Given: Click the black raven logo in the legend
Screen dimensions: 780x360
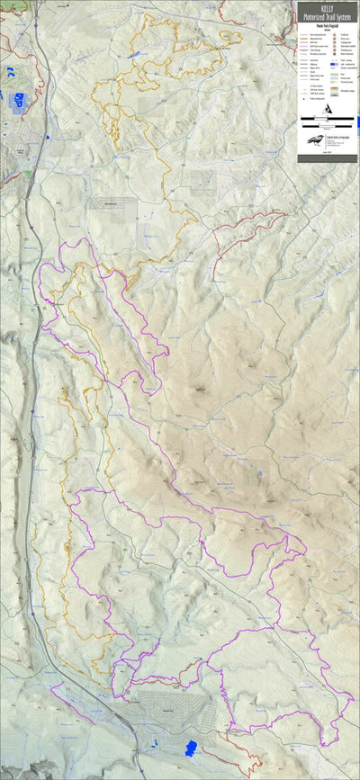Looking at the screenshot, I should (x=315, y=139).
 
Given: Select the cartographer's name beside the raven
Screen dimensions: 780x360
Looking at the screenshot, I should (x=337, y=136).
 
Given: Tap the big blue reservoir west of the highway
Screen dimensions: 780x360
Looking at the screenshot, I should (x=18, y=101).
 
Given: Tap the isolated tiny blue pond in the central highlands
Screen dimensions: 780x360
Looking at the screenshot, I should (x=258, y=471).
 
